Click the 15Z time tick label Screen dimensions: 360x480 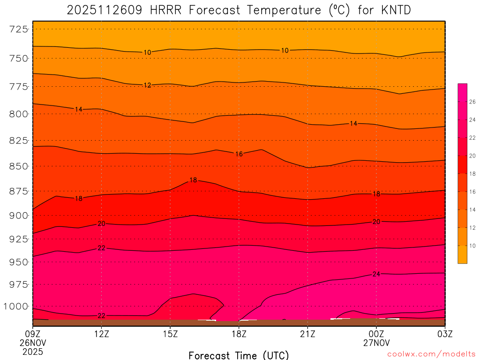pyautogui.click(x=170, y=334)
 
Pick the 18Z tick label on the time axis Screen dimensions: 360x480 pyautogui.click(x=239, y=334)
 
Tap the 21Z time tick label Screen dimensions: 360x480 pyautogui.click(x=307, y=334)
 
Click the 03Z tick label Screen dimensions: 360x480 pyautogui.click(x=445, y=334)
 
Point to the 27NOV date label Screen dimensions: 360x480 pyautogui.click(x=376, y=343)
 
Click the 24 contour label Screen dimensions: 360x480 pyautogui.click(x=376, y=274)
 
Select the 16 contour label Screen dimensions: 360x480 pyautogui.click(x=239, y=154)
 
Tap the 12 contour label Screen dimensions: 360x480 pyautogui.click(x=147, y=85)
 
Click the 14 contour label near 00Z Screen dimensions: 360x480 pyautogui.click(x=353, y=124)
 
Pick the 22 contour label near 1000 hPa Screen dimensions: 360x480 pyautogui.click(x=101, y=316)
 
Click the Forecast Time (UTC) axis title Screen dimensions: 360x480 pyautogui.click(x=239, y=355)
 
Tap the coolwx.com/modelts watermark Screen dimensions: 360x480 pyautogui.click(x=431, y=354)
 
